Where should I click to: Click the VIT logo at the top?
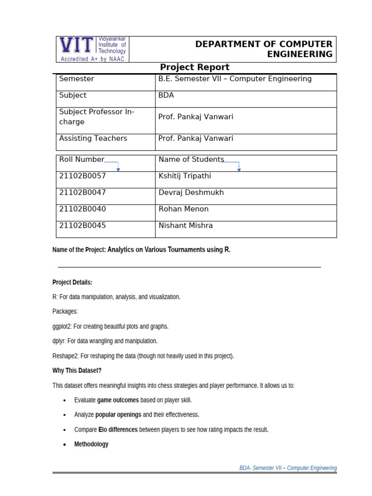click(93, 49)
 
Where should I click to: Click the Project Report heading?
click(195, 67)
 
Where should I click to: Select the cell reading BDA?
click(166, 95)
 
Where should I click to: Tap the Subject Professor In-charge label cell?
click(97, 117)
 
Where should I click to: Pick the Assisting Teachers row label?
click(93, 139)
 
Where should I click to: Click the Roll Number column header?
click(81, 159)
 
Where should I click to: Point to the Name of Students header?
click(191, 159)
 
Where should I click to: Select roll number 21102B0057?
click(82, 176)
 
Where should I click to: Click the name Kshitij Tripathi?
click(185, 176)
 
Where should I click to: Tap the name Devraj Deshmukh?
click(191, 192)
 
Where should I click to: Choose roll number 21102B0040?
click(82, 209)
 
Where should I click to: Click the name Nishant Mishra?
click(186, 225)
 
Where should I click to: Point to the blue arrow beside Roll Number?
click(118, 168)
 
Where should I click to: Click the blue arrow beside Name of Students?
click(239, 168)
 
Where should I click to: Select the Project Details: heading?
click(72, 282)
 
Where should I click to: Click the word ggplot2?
click(62, 326)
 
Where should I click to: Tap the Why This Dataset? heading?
click(77, 371)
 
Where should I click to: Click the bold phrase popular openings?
click(118, 415)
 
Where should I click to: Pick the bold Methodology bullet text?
click(91, 444)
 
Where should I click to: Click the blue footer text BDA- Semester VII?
click(288, 468)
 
